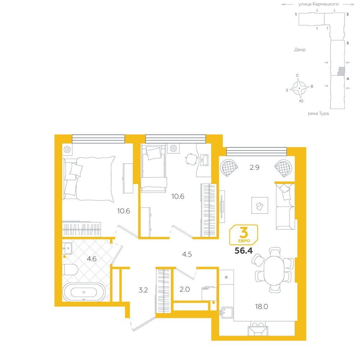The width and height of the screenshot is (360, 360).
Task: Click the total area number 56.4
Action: click(x=244, y=251)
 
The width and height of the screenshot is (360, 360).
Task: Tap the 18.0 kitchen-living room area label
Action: click(x=261, y=306)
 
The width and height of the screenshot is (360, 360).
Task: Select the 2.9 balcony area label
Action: click(x=255, y=167)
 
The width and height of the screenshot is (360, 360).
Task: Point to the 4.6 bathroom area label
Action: click(x=91, y=259)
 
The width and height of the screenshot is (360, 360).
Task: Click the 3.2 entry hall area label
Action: click(x=143, y=290)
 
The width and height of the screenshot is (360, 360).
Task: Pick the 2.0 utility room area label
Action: click(x=185, y=289)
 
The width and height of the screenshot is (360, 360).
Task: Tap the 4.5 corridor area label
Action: click(x=187, y=254)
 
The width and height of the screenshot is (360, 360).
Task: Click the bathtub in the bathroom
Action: click(x=84, y=292)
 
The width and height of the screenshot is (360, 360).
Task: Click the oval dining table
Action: click(x=274, y=270)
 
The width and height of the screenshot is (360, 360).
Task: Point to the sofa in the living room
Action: click(x=285, y=206)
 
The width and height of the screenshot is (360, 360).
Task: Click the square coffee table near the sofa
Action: click(x=260, y=205)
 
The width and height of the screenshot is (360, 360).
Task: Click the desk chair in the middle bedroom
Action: click(x=192, y=159)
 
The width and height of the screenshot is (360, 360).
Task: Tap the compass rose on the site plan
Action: click(x=299, y=88)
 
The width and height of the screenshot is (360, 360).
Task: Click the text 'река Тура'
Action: click(x=318, y=113)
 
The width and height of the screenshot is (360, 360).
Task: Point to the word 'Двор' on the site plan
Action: click(x=300, y=50)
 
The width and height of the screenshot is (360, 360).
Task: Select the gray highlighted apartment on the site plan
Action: click(x=341, y=71)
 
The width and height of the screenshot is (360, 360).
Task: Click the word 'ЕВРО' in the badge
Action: click(x=244, y=241)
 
